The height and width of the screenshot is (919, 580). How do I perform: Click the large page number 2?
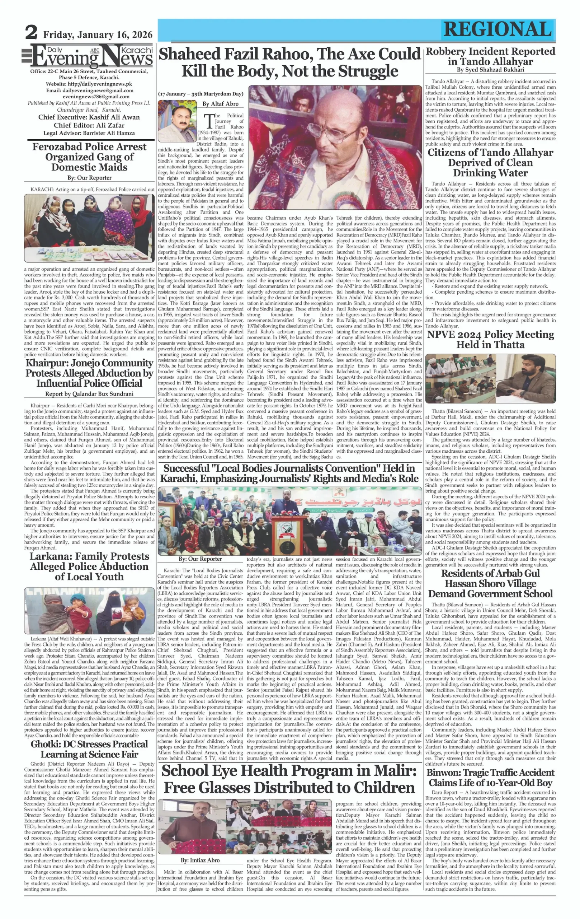31,33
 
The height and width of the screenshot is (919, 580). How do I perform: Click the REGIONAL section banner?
497,29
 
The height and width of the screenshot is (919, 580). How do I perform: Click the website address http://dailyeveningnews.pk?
89,84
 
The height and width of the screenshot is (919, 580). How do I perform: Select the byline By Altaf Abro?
220,104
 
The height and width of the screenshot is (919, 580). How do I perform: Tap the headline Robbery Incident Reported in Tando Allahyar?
490,56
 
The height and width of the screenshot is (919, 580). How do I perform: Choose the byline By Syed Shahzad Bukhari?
490,70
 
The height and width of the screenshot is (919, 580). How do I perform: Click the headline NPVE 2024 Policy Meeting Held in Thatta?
490,339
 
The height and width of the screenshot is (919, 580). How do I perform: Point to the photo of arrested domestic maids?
89,228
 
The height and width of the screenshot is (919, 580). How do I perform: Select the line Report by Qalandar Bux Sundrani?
89,394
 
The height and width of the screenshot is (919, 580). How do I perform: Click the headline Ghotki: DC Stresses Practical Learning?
89,749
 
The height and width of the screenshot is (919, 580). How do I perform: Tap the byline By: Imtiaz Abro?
200,860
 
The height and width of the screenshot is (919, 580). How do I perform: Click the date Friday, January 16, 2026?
98,35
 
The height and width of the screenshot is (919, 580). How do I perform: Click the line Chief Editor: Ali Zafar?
89,125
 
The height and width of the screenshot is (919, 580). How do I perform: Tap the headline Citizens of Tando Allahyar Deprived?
490,163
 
